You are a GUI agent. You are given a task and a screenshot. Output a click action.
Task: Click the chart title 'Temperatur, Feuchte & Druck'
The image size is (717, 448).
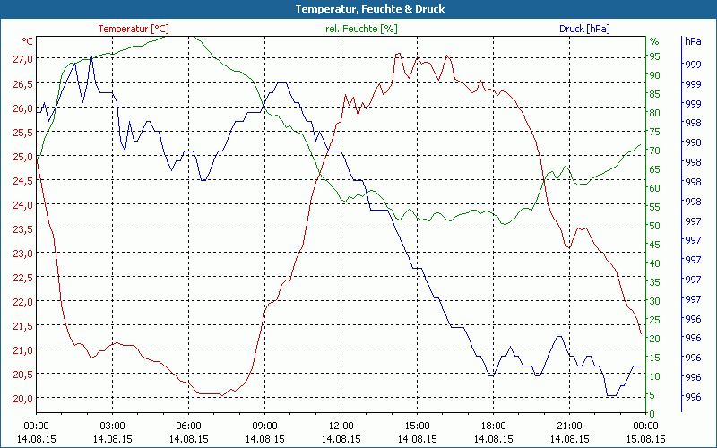[358, 9]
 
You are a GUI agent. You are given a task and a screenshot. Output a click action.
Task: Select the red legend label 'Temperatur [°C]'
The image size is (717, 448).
[134, 29]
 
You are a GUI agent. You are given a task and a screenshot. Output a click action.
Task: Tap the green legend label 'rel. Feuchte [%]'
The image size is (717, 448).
[360, 29]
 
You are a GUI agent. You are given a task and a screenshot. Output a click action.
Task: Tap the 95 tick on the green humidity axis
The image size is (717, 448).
[655, 56]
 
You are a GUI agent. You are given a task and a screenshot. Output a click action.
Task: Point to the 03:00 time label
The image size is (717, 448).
[112, 426]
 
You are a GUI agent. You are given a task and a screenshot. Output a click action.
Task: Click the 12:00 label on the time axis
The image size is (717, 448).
[341, 426]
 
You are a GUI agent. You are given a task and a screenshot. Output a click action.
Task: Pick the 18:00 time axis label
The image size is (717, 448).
[493, 426]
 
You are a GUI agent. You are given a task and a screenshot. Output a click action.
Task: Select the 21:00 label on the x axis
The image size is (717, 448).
[569, 426]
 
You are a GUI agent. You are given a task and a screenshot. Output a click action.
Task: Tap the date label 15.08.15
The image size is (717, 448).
[645, 439]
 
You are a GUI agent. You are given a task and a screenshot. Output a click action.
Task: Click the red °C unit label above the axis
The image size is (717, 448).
[28, 41]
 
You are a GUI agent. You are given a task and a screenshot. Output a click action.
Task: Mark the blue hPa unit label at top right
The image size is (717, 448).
[693, 41]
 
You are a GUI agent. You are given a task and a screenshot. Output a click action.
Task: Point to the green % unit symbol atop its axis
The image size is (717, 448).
[653, 41]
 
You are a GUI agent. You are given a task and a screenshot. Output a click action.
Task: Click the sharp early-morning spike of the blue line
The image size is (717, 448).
[91, 56]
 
